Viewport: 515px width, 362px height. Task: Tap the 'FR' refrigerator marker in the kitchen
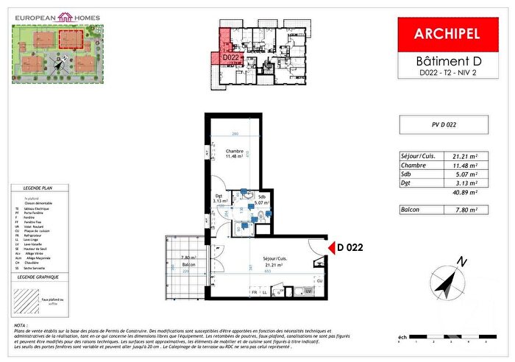pos(255,293)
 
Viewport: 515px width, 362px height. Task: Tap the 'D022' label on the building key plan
pos(230,57)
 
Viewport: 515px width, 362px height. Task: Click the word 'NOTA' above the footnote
pos(20,324)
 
